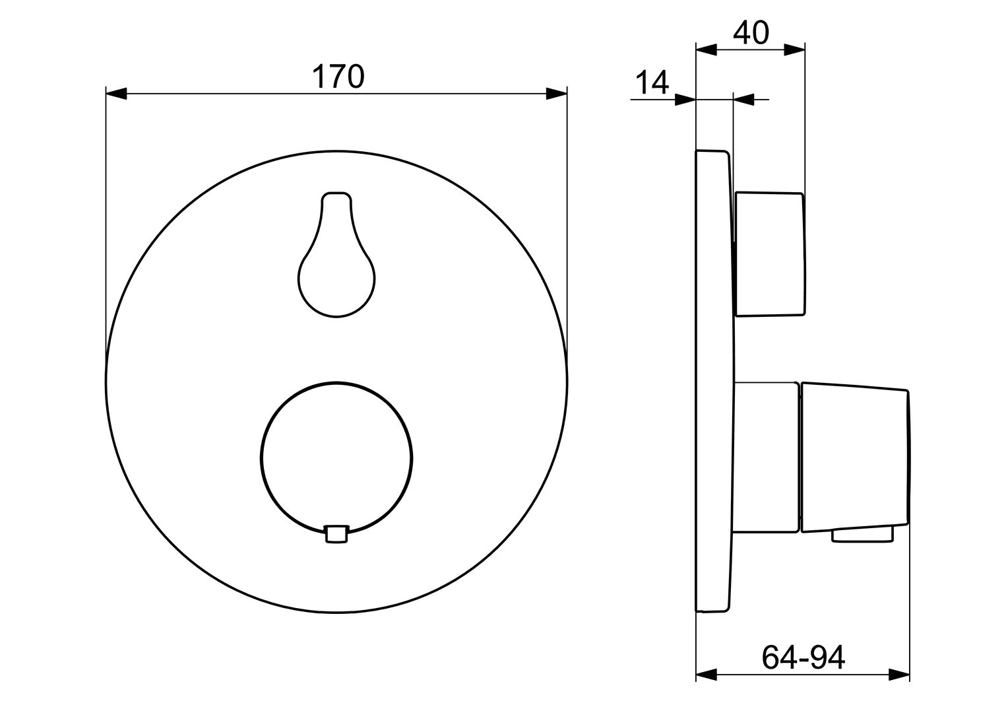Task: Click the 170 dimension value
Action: coord(337,77)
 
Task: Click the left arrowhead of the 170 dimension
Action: coord(116,94)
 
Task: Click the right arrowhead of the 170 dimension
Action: coord(557,94)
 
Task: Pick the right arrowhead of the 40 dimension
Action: coord(795,50)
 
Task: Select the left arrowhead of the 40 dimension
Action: coord(707,50)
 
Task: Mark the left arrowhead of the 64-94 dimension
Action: coord(707,675)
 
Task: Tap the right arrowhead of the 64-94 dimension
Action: coord(899,675)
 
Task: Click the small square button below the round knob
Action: coord(336,534)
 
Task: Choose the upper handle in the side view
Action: coord(770,254)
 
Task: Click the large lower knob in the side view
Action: coord(855,457)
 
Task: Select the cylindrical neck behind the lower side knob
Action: coord(766,457)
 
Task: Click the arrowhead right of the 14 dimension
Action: coord(744,100)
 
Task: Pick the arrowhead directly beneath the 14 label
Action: coord(685,100)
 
